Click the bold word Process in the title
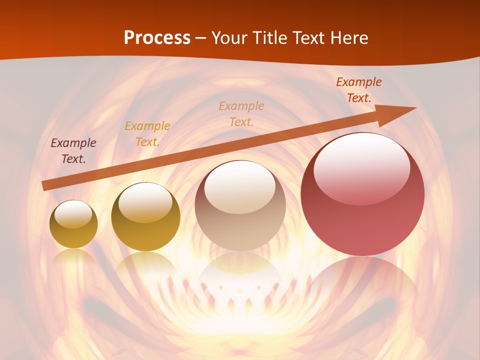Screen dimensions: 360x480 tap(157, 38)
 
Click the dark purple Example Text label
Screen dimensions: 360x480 tap(73, 151)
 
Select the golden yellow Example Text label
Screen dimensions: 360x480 tap(147, 134)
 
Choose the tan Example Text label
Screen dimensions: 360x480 tap(241, 113)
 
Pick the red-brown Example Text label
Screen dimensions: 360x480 tap(359, 90)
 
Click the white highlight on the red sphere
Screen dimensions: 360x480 tap(361, 167)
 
